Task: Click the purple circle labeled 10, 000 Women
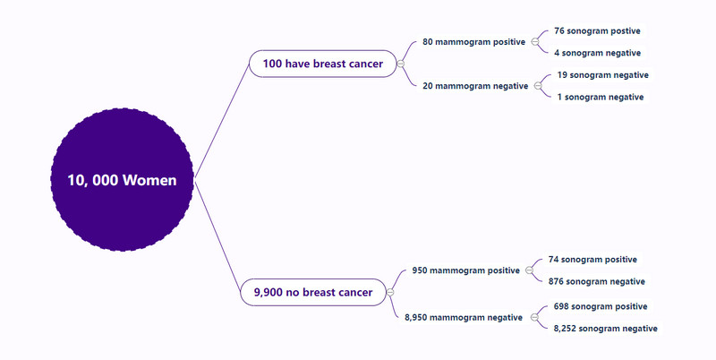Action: pyautogui.click(x=123, y=179)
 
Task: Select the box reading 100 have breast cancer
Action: pyautogui.click(x=323, y=64)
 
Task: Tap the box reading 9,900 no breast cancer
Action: pyautogui.click(x=313, y=292)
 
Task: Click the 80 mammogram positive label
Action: pyautogui.click(x=473, y=42)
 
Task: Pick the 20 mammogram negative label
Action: pyautogui.click(x=475, y=86)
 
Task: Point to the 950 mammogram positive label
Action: pyautogui.click(x=465, y=270)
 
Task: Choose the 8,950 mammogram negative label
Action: pyautogui.click(x=464, y=318)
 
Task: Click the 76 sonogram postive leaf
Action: pyautogui.click(x=597, y=31)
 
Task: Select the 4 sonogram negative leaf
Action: pyautogui.click(x=597, y=53)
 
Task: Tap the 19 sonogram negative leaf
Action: pyautogui.click(x=602, y=75)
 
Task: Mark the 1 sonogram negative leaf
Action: pyautogui.click(x=601, y=97)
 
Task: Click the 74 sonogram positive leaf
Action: pyautogui.click(x=592, y=260)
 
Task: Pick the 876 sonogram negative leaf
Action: pyautogui.click(x=597, y=281)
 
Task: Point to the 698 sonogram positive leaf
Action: pyautogui.click(x=601, y=306)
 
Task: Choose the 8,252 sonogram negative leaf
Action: pyautogui.click(x=606, y=329)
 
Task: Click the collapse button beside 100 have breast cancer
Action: pyautogui.click(x=401, y=64)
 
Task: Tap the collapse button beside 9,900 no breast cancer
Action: pyautogui.click(x=390, y=292)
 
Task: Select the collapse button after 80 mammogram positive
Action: pyautogui.click(x=535, y=42)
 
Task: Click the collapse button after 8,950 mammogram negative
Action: pyautogui.click(x=534, y=318)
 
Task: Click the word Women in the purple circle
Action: pyautogui.click(x=149, y=180)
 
